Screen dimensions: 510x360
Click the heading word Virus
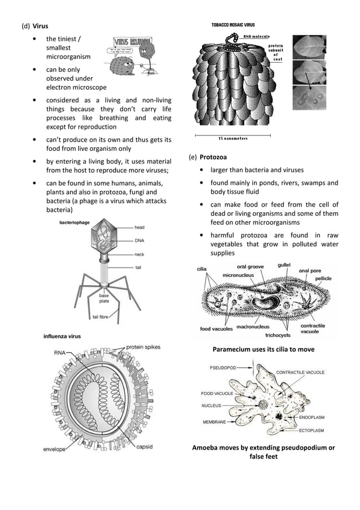pyautogui.click(x=40, y=26)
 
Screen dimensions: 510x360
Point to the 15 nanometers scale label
pyautogui.click(x=232, y=138)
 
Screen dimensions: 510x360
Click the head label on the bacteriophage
pyautogui.click(x=139, y=227)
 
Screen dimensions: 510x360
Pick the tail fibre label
pyautogui.click(x=100, y=317)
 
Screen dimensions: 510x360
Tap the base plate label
pyautogui.click(x=104, y=298)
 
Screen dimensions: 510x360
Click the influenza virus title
pyautogui.click(x=62, y=336)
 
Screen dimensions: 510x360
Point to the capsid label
pyautogui.click(x=143, y=447)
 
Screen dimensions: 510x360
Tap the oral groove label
pyautogui.click(x=250, y=266)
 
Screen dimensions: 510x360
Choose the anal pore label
pyautogui.click(x=310, y=271)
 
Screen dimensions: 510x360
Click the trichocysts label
pyautogui.click(x=278, y=335)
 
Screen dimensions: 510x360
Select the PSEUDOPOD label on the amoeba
pyautogui.click(x=222, y=367)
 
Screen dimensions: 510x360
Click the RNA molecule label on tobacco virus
pyautogui.click(x=256, y=36)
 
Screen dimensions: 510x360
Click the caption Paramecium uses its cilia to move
pyautogui.click(x=263, y=350)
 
